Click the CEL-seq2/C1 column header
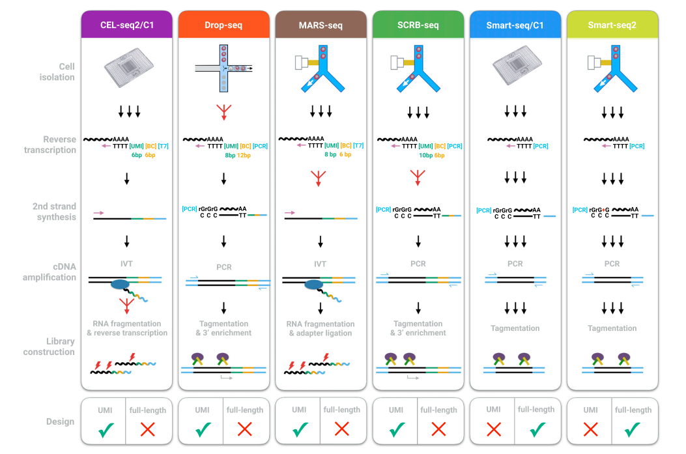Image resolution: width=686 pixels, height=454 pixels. coord(126,25)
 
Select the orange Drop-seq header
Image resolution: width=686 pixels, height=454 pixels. coord(223,25)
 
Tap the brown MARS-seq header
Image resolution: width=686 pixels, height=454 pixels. coord(321,25)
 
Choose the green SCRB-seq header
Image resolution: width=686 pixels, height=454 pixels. coord(418,25)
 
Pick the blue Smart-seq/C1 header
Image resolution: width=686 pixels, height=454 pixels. coord(515,25)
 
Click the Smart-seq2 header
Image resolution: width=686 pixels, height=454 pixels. coord(612,25)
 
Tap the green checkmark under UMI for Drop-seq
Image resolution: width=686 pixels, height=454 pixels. coord(203,429)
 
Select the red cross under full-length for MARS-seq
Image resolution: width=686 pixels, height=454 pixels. coord(341,429)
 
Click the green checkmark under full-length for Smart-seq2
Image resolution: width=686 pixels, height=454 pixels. coord(633,429)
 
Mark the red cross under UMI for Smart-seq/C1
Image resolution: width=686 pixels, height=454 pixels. coord(493,429)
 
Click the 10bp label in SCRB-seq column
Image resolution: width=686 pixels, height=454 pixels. coord(426,155)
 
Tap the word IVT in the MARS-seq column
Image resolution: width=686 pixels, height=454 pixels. coord(320,264)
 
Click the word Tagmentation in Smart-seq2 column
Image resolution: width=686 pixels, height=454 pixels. coord(612,328)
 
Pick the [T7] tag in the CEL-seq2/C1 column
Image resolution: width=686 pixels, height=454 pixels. coord(163,146)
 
